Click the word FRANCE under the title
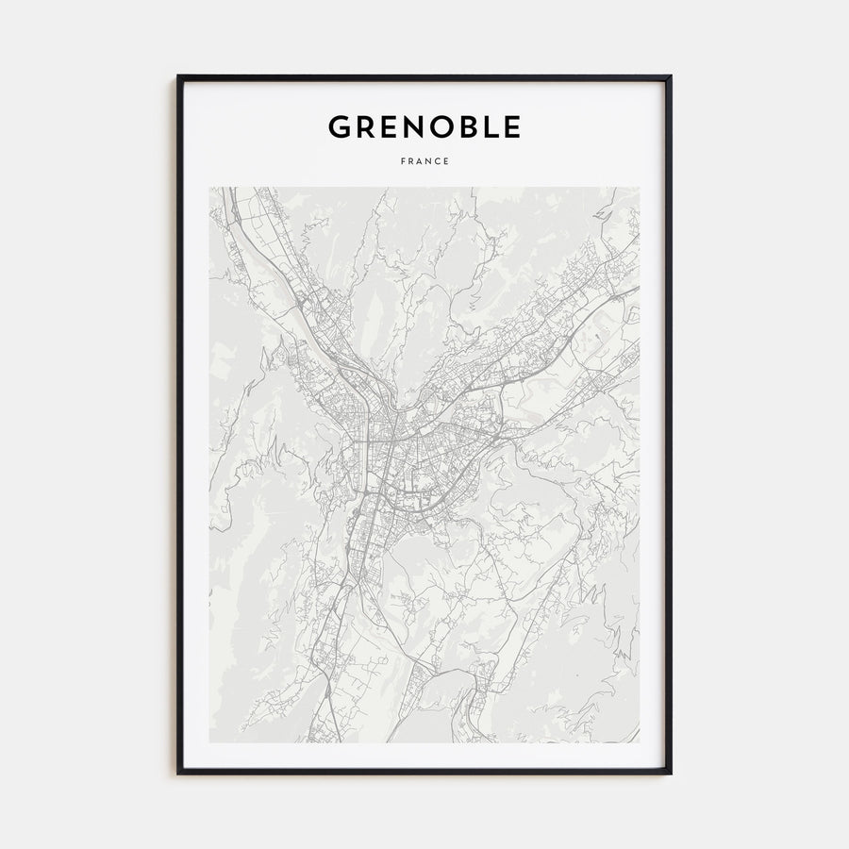(x=424, y=160)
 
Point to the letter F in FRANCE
(x=403, y=160)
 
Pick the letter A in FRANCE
(x=420, y=160)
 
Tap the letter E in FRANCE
(x=446, y=160)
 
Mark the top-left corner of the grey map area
(x=210, y=188)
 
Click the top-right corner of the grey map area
(x=639, y=188)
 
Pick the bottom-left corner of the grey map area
(x=210, y=741)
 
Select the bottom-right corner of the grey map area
(x=639, y=741)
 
